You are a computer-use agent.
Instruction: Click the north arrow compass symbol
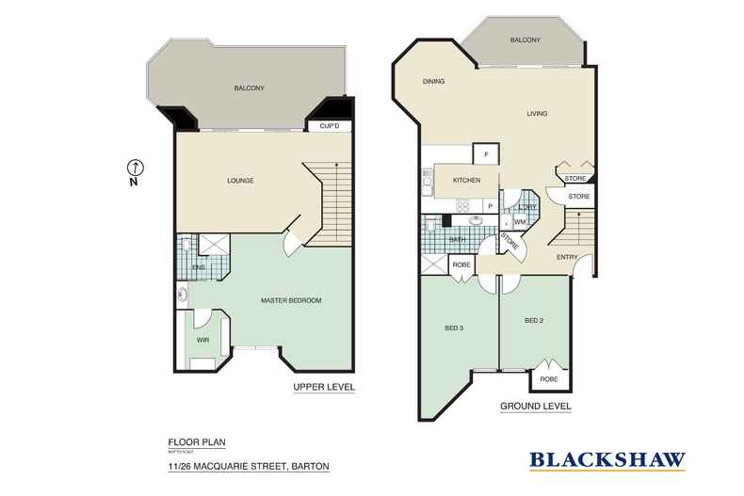tap(136, 168)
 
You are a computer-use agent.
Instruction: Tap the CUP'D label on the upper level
tap(329, 126)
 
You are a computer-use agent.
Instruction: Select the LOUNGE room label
tap(241, 180)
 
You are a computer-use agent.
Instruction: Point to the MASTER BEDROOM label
tap(291, 300)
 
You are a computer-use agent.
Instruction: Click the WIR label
tap(202, 339)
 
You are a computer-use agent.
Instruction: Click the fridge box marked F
tap(485, 154)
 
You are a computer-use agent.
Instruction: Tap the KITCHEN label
tap(467, 180)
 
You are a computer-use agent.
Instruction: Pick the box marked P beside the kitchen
tap(490, 206)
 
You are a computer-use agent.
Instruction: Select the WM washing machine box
tap(519, 222)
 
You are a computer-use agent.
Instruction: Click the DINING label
tap(433, 81)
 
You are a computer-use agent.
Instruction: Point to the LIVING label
tap(537, 114)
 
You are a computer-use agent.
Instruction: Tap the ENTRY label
tap(567, 256)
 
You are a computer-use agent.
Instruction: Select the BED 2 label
tap(534, 321)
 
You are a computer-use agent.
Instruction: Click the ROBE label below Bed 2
tap(549, 379)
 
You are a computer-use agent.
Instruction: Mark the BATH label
tap(458, 240)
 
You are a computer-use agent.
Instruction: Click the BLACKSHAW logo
tap(607, 460)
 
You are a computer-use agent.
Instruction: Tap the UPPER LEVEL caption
tap(324, 388)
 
